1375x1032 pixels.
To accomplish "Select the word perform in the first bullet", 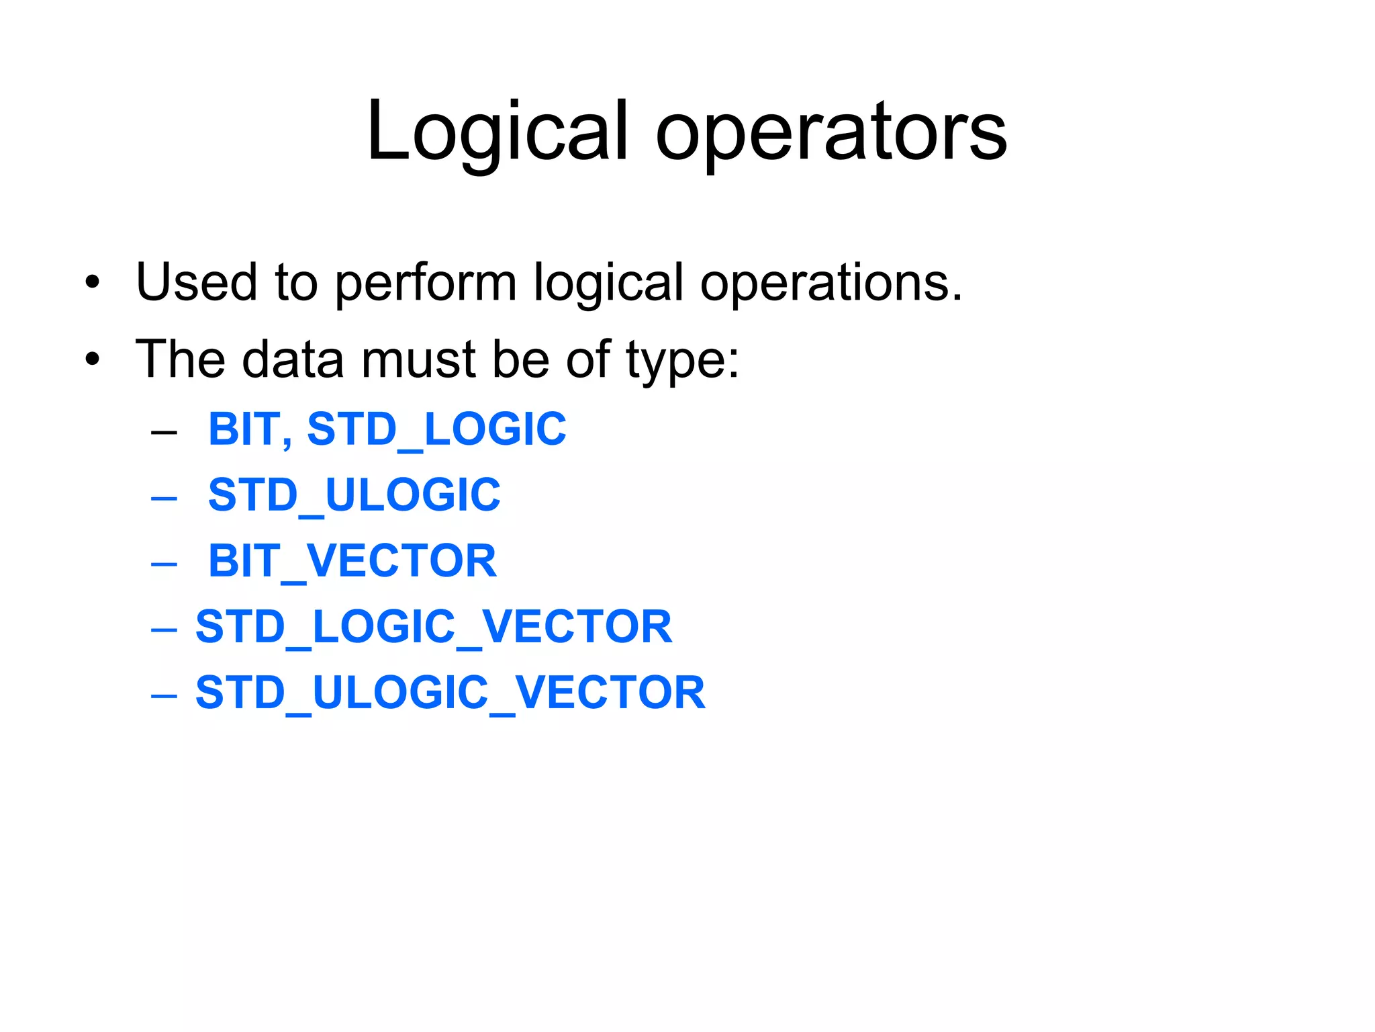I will [x=426, y=284].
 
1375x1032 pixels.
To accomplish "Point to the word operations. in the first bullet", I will [x=831, y=284].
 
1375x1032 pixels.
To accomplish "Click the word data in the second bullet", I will [x=293, y=359].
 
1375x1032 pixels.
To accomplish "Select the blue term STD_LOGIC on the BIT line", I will [x=436, y=430].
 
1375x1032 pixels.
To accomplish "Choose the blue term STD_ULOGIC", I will [x=354, y=496].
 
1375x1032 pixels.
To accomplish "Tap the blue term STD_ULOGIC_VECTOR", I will [x=451, y=693].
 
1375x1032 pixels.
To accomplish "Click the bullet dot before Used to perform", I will [x=93, y=283].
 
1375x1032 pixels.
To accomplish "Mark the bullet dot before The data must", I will [x=93, y=359].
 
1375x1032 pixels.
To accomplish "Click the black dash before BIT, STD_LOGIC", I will [x=164, y=432].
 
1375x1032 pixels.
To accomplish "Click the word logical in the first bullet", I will [x=608, y=284].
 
